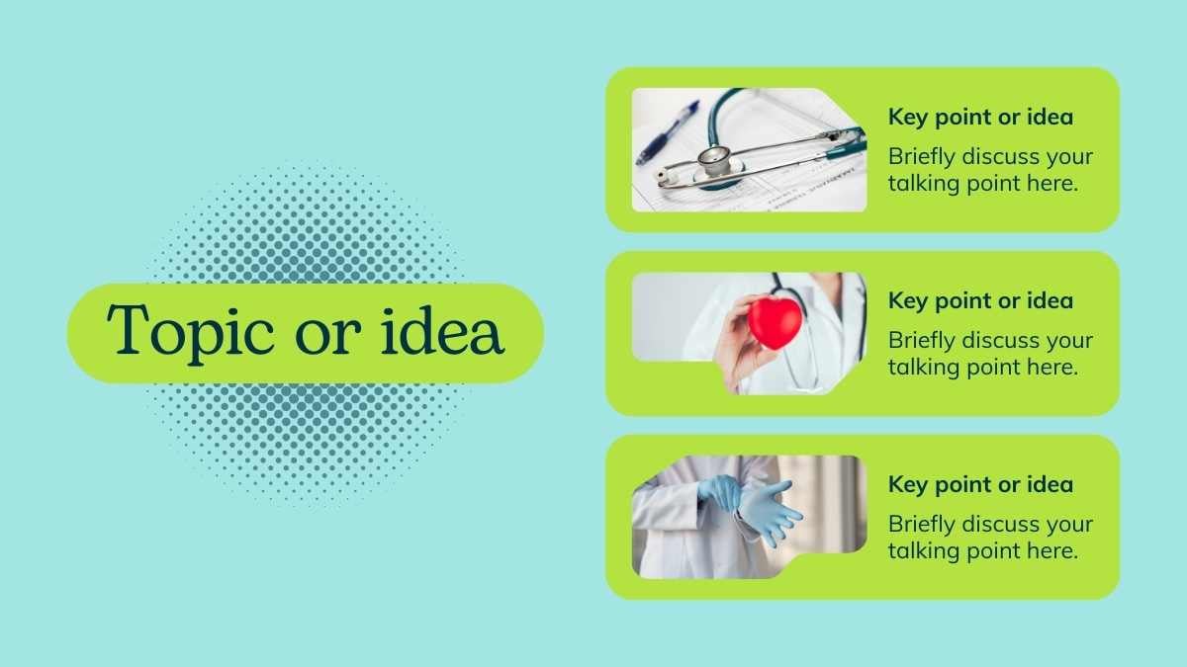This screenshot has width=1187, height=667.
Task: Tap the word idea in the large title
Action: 441,330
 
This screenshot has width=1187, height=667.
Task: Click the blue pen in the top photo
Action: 668,132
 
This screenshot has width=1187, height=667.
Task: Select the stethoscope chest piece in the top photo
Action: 714,162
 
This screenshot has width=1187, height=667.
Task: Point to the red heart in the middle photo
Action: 775,322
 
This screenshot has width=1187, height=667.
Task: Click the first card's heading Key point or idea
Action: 980,117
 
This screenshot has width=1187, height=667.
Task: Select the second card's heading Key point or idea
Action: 980,300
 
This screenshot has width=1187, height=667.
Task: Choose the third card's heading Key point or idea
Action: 980,484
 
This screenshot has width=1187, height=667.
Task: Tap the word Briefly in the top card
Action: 922,157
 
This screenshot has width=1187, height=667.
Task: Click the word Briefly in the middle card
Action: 922,341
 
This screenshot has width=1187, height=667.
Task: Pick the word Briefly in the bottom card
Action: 922,525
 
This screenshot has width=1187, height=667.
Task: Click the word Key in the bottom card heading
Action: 908,485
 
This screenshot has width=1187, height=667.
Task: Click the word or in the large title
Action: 328,336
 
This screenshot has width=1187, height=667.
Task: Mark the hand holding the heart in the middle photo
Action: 742,344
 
